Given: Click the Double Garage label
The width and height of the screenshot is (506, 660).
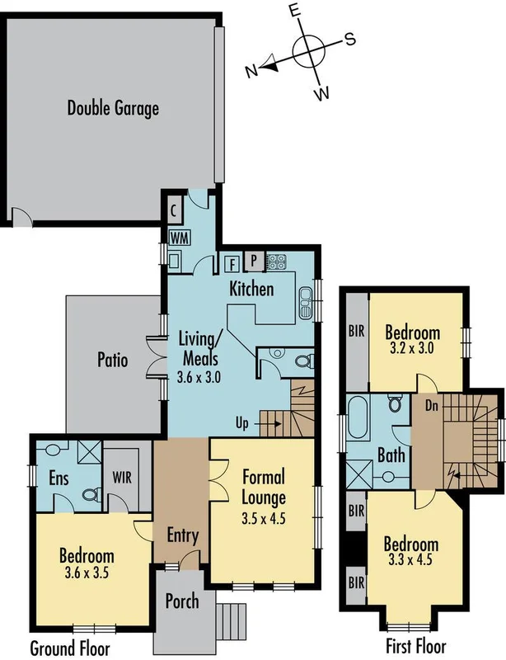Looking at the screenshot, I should point(113,108).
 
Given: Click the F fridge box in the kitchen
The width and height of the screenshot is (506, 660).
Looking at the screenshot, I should point(232,263).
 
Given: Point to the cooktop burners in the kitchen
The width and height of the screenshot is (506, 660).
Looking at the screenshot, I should point(277,262).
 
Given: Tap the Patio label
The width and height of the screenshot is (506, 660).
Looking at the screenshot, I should point(112,361).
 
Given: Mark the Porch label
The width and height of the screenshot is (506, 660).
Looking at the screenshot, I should point(182,601).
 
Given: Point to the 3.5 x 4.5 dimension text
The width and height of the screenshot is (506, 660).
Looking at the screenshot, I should point(264,520).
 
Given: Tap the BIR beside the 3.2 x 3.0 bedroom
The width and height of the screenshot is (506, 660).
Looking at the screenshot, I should point(355,333).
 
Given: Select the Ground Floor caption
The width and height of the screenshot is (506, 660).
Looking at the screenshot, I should point(69,648).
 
